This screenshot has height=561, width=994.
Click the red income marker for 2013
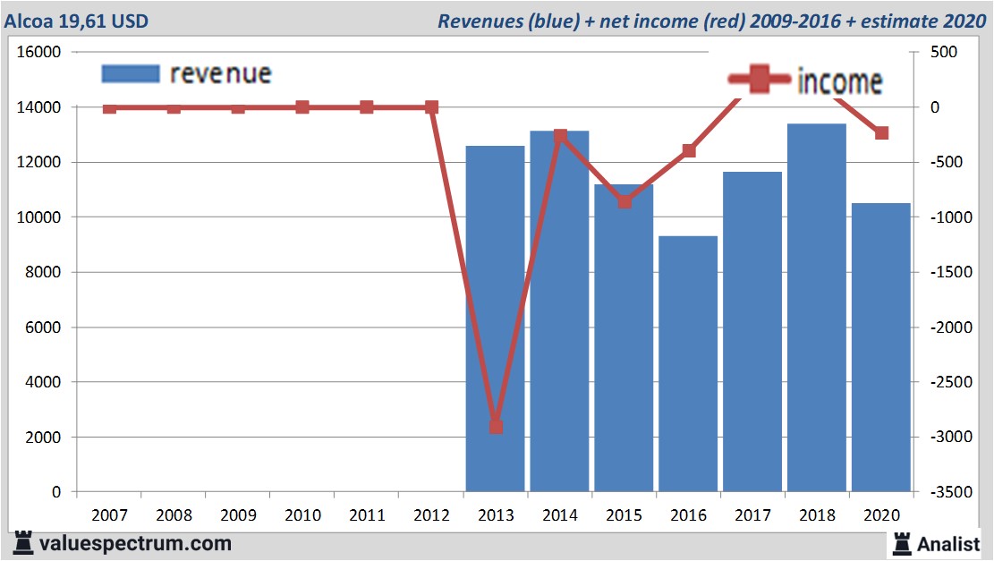[x=496, y=427]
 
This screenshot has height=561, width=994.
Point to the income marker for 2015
[x=624, y=201]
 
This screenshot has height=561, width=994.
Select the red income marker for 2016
[x=689, y=150]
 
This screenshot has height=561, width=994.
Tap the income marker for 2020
[x=882, y=132]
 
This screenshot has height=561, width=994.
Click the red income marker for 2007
[x=109, y=108]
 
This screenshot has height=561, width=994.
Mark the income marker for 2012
[x=431, y=107]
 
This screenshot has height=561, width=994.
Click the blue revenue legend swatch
[x=131, y=73]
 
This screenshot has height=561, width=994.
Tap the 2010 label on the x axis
[x=302, y=515]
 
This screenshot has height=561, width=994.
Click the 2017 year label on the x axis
[x=753, y=515]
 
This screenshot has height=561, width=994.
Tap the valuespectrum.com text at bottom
[x=135, y=543]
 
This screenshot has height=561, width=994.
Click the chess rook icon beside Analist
[x=901, y=542]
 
